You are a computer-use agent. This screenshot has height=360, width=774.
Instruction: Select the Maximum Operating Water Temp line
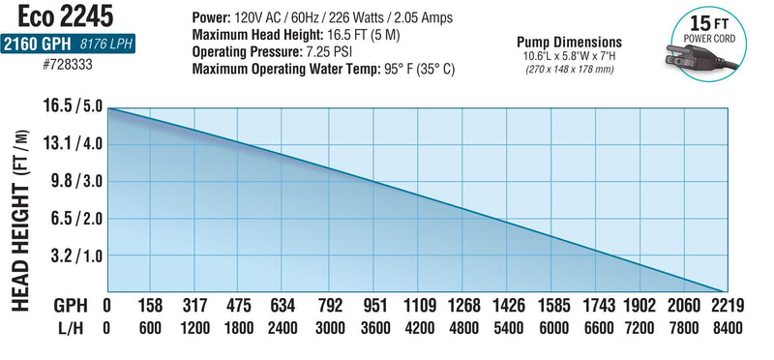323,69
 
